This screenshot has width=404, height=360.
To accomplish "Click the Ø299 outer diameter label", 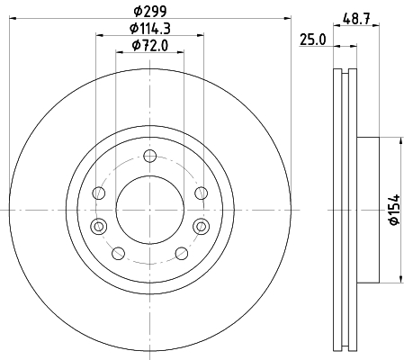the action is click(x=149, y=12).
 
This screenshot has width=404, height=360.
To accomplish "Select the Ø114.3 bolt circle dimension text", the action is click(x=150, y=29).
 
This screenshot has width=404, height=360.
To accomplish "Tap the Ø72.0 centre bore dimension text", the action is click(x=150, y=46).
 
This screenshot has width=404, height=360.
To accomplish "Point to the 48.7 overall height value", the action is click(x=356, y=20).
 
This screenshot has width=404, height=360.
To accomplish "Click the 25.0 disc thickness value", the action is click(x=312, y=40).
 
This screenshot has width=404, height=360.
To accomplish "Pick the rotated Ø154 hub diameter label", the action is click(x=394, y=210).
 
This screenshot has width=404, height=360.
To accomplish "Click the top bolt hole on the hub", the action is click(x=149, y=156).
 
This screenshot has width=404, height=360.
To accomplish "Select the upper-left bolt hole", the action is click(x=99, y=193).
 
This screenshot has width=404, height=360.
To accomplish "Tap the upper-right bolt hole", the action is click(x=201, y=193).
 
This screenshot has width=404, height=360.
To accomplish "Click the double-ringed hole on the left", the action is click(x=99, y=226).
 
